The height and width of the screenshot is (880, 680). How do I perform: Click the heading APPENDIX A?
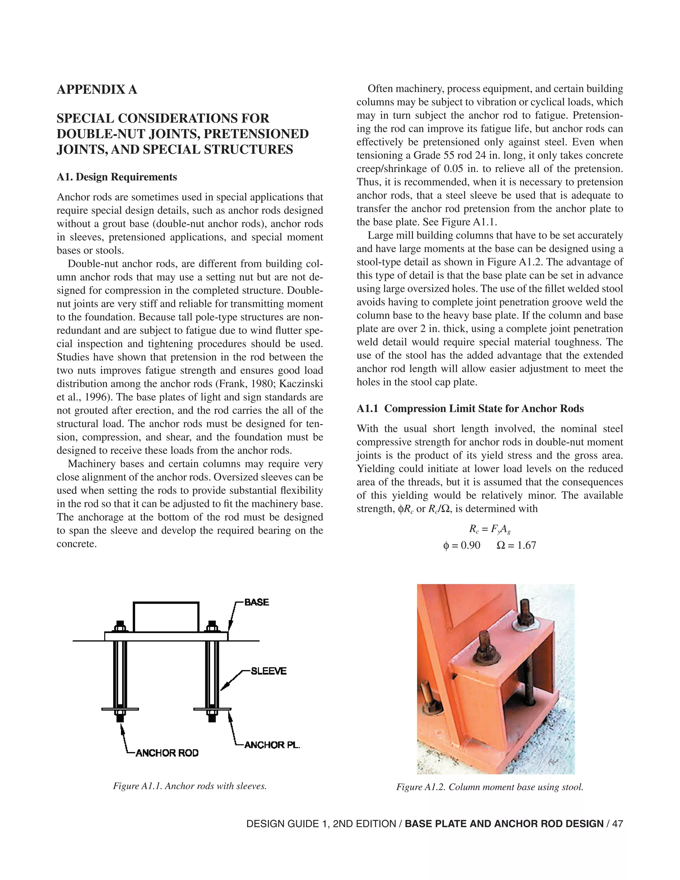97,89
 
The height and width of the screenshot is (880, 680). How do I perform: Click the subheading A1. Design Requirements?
117,177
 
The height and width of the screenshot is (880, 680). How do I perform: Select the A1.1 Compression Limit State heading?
470,408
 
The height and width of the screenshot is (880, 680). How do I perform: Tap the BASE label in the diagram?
257,602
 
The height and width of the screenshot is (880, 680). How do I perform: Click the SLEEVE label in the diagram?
268,671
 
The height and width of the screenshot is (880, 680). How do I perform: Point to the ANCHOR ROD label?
167,753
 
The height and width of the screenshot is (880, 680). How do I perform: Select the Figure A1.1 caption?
190,786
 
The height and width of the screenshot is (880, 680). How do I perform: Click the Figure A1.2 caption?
489,787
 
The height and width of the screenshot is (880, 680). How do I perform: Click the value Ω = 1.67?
516,546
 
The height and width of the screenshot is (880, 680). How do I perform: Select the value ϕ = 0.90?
461,546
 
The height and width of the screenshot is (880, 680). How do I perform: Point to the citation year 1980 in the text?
261,384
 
